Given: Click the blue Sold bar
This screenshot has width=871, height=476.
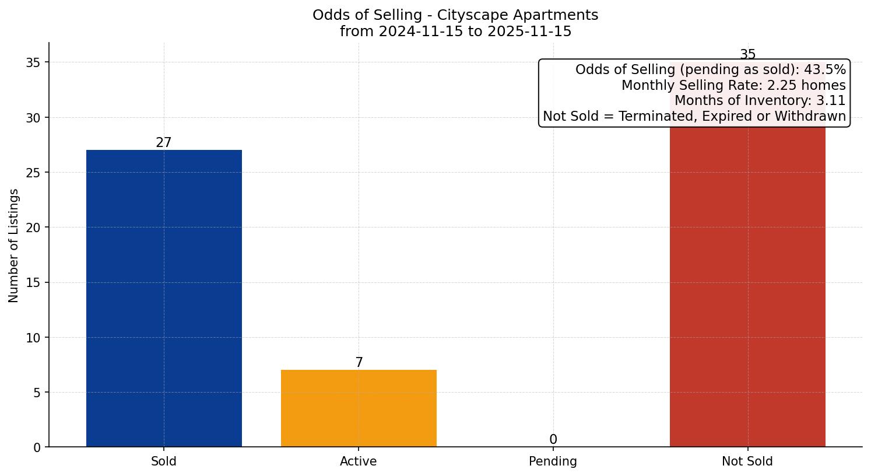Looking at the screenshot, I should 164,297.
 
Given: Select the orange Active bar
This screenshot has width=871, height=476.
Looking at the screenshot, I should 359,408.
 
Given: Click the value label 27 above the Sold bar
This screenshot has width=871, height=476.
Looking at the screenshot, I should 164,142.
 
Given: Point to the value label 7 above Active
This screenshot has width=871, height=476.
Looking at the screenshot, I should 359,363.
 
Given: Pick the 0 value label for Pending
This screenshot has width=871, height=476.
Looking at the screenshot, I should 553,440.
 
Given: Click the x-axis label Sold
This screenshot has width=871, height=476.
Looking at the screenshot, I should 164,461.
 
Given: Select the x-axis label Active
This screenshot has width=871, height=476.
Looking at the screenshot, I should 359,461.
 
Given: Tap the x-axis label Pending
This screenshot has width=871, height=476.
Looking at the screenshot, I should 553,461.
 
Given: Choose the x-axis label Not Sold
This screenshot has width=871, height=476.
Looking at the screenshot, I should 747,461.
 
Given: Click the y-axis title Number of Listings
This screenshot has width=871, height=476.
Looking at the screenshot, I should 14,245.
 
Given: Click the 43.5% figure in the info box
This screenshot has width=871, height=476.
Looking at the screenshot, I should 824,70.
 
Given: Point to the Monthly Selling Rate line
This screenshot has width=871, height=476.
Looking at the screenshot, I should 733,85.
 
